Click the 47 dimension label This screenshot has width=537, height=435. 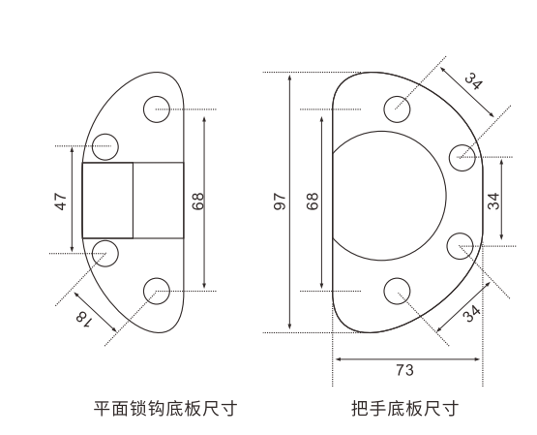point(60,202)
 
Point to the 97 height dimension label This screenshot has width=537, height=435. point(280,202)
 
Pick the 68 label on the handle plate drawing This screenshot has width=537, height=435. point(312,202)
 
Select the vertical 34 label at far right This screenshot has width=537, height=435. point(493,202)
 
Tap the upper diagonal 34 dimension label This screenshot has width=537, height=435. point(472,80)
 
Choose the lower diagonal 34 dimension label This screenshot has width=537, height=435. point(471,313)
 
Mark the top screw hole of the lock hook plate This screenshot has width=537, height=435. point(156,109)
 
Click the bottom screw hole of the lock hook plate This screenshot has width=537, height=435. point(156,288)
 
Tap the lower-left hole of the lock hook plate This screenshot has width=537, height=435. point(105,254)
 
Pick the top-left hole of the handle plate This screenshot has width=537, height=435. point(397,109)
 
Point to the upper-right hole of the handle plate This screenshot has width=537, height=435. point(463,154)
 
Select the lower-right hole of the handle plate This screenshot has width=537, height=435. point(462,244)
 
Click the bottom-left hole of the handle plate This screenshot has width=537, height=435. point(397,290)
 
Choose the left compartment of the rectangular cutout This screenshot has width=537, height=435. point(107,201)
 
